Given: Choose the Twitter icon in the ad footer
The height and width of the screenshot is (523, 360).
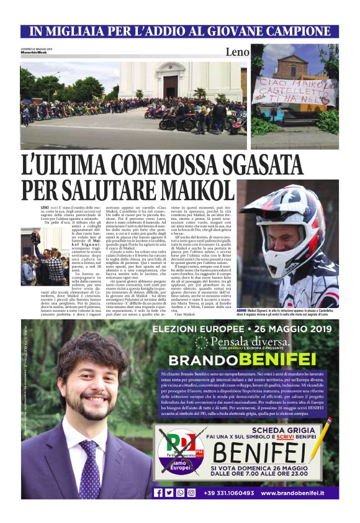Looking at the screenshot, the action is pos(169,493).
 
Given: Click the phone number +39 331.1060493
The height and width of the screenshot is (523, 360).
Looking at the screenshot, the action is pos(230,493).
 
